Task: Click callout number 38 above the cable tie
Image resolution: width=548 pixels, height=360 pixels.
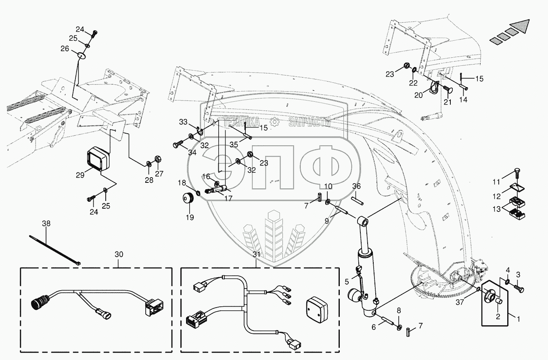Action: [46, 222]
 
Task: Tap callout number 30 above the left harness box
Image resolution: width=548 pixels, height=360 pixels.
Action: [119, 254]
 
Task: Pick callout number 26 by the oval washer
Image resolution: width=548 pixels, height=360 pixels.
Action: [65, 48]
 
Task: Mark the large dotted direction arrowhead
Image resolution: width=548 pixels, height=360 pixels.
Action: [521, 27]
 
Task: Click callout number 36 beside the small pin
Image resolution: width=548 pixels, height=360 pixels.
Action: [356, 186]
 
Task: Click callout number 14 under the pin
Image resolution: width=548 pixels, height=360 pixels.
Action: [463, 99]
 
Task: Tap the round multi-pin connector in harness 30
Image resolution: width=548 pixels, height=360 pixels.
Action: [38, 303]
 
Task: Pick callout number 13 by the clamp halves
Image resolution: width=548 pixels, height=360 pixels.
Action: [496, 209]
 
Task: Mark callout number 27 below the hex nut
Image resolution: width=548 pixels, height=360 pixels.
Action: [160, 174]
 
